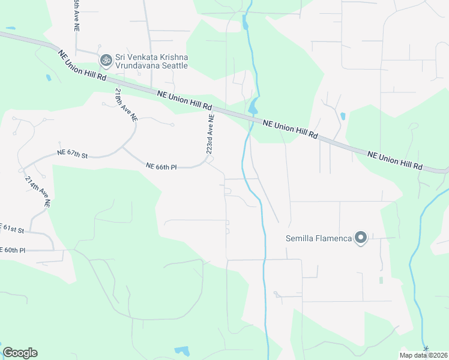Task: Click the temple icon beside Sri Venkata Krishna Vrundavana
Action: pos(106,59)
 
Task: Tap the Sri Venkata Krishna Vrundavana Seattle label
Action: pos(152,61)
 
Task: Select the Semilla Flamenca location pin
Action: pos(361,239)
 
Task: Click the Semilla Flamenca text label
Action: pos(318,239)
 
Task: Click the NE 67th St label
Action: pos(73,154)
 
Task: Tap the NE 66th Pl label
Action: pos(161,166)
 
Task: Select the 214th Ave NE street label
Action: pos(38,191)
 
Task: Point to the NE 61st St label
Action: pos(12,230)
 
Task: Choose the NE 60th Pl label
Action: pos(13,250)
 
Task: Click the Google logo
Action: pos(20,353)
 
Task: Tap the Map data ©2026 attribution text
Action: pos(423,355)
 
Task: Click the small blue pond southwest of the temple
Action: pos(47,77)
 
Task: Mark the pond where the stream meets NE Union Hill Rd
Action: pos(253,109)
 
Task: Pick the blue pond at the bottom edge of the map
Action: pos(182,350)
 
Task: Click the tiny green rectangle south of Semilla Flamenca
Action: pos(381,280)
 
